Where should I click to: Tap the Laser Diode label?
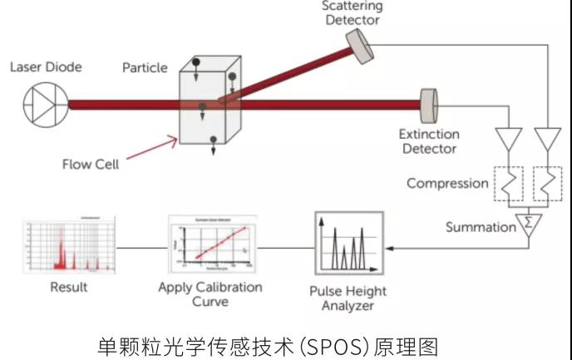tap(46, 67)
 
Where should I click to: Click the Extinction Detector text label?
tap(428, 141)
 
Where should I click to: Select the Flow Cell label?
tap(91, 164)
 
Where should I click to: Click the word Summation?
tap(479, 226)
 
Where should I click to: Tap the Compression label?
tap(447, 183)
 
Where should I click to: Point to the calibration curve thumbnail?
tap(210, 245)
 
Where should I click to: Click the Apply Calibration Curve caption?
tap(210, 293)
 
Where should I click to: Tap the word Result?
tap(68, 287)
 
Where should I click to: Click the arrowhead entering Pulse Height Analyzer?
tap(393, 247)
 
